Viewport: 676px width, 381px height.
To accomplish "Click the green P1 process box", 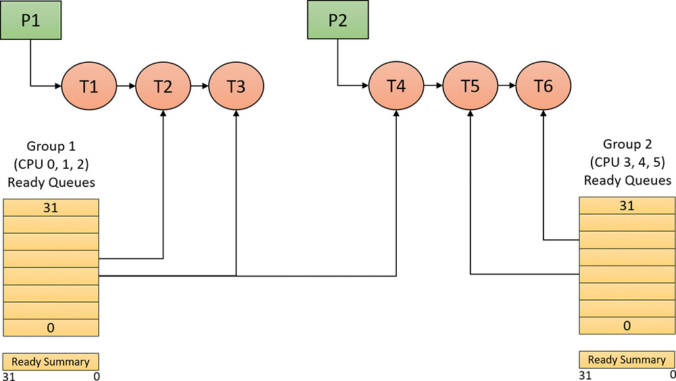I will coord(31,20).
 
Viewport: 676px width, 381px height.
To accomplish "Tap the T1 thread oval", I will coord(89,86).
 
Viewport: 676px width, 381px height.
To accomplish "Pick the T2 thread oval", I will coord(164,86).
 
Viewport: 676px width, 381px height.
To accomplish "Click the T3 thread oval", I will coord(237,86).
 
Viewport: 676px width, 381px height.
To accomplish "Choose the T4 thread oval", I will coord(396,86).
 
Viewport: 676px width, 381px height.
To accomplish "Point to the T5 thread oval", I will coord(470,86).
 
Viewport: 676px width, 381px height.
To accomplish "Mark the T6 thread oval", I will coord(544,86).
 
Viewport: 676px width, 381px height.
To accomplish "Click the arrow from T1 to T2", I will coord(126,86).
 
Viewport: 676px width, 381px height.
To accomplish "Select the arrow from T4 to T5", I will coord(433,86).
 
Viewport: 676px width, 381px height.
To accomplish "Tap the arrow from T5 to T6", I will coord(507,86).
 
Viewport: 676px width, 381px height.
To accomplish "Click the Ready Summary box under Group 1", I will coord(51,361).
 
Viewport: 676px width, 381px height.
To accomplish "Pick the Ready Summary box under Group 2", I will coord(627,359).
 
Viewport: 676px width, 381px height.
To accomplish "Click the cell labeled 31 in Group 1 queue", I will coord(51,207).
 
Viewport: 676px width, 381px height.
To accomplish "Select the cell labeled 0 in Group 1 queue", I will coord(51,328).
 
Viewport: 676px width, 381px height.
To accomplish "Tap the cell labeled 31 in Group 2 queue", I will coord(627,205).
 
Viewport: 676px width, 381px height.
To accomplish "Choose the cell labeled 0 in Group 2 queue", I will coord(627,325).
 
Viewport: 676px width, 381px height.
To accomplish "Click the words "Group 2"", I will coord(627,144).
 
